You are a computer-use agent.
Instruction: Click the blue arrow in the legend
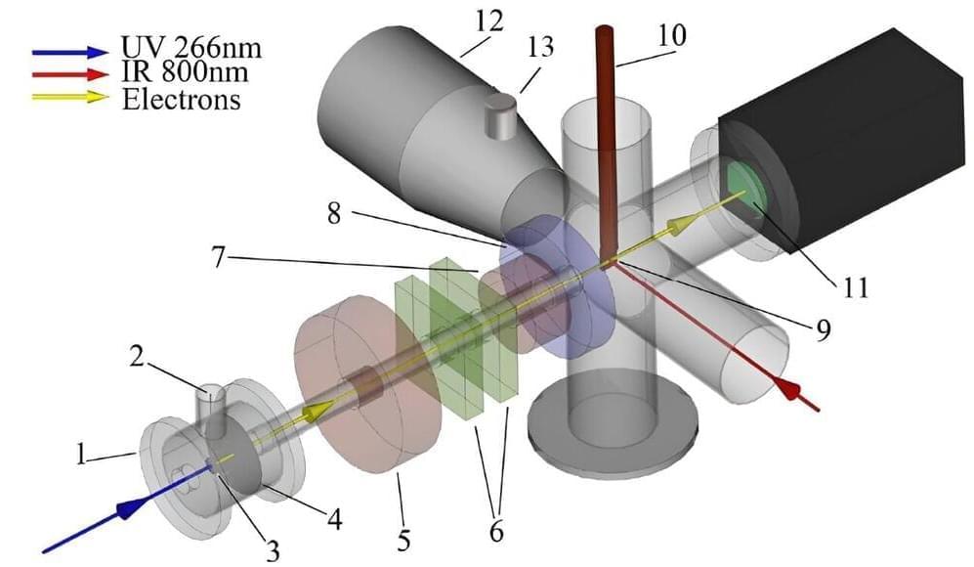click(x=69, y=52)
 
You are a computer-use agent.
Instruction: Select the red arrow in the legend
click(x=69, y=75)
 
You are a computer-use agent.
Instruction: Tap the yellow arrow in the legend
click(x=69, y=97)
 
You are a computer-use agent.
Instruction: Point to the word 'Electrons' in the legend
click(x=181, y=99)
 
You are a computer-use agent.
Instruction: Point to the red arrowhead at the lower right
click(x=789, y=391)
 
